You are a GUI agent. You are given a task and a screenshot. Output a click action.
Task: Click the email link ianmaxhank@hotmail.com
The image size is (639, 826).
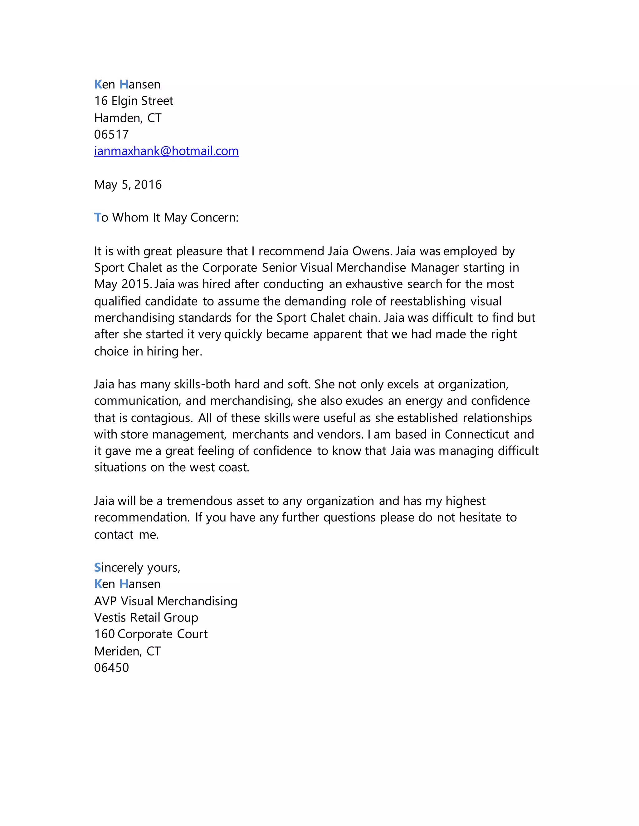tap(166, 151)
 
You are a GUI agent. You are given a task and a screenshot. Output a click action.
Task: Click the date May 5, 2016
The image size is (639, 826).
tap(128, 185)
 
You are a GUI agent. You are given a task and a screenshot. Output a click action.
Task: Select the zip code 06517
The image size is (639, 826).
tap(111, 134)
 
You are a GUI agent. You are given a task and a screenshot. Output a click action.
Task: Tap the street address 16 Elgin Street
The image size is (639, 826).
tap(133, 101)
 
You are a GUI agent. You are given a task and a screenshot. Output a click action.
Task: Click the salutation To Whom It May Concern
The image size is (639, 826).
tap(166, 218)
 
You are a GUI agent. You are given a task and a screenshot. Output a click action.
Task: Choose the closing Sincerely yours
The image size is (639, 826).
tap(137, 567)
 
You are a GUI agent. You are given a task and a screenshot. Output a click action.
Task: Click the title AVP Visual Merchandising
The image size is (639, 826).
tap(165, 601)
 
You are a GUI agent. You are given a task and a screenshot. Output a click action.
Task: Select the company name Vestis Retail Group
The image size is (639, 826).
tap(146, 617)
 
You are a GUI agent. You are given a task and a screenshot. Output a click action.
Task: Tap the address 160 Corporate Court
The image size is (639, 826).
tap(151, 634)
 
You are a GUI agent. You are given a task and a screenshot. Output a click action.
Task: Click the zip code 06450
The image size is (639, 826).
tap(111, 668)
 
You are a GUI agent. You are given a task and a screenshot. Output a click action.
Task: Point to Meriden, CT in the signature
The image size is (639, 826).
tap(127, 651)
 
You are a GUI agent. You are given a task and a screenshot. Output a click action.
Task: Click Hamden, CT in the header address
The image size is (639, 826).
tap(128, 118)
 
